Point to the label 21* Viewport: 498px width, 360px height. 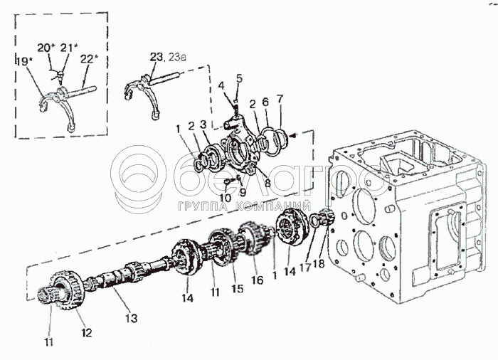click(x=67, y=48)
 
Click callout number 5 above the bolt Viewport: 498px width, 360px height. click(x=239, y=78)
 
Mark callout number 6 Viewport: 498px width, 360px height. click(x=265, y=103)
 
